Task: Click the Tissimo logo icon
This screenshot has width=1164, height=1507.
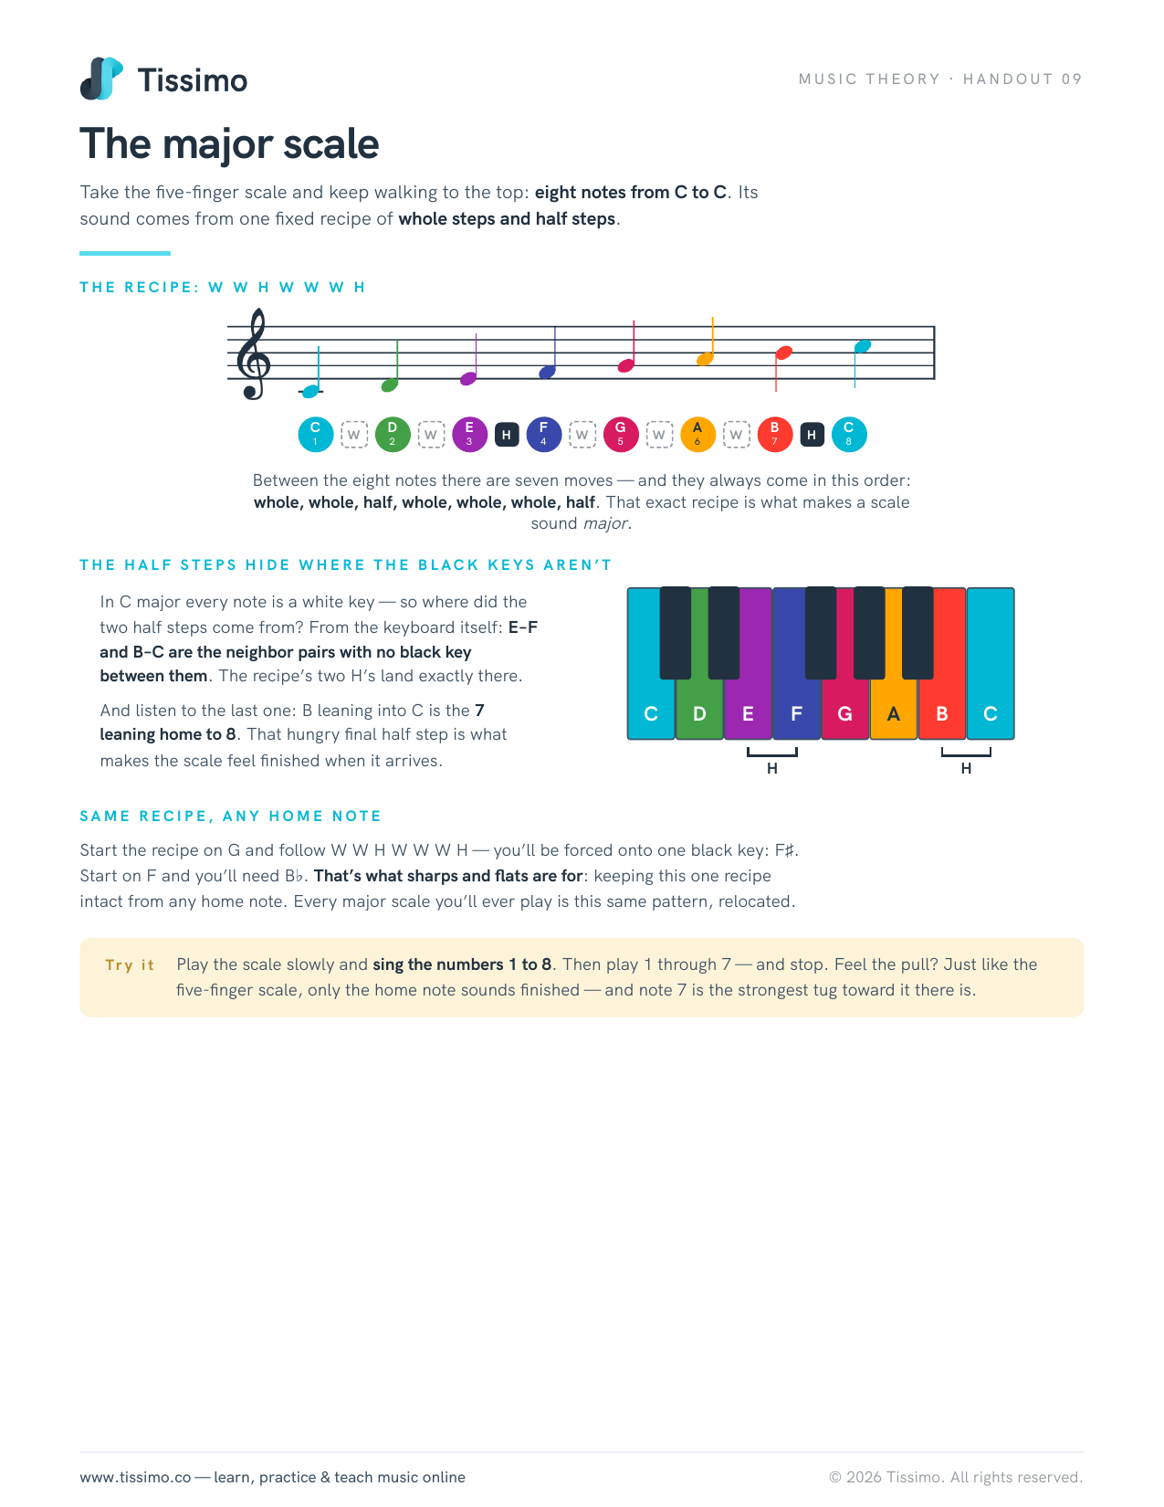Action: coord(101,79)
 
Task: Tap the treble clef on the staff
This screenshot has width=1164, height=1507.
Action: coord(254,353)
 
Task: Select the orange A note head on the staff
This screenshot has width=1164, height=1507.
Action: coord(705,359)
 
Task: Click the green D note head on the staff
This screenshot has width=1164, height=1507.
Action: coord(391,385)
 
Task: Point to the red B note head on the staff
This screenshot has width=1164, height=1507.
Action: coord(783,353)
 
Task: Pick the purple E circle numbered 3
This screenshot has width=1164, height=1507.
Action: coord(469,434)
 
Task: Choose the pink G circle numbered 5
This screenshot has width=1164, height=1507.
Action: coord(621,434)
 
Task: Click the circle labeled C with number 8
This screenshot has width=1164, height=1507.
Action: coord(848,434)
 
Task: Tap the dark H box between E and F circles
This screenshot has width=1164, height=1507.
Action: coord(506,435)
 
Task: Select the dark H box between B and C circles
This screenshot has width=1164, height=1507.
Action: coord(812,435)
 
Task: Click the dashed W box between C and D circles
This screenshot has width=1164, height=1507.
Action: coord(353,435)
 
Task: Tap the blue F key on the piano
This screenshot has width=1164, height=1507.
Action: coord(797,701)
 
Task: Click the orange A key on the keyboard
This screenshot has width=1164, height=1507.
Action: coord(894,708)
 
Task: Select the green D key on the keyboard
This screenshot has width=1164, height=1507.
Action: coord(699,708)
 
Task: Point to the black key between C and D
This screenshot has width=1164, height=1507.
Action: coord(676,632)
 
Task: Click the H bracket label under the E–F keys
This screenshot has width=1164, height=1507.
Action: coord(772,768)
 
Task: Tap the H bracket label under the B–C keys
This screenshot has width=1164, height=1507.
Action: coord(967,768)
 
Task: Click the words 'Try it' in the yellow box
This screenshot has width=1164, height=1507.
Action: coord(130,964)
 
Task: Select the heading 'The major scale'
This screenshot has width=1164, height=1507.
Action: coord(229,143)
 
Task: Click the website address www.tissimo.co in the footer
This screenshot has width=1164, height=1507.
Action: coord(135,1477)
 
